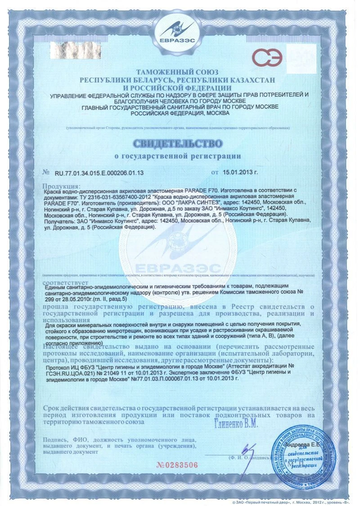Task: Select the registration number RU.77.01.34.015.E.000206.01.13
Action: click(99, 172)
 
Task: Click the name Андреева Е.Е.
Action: click(306, 444)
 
